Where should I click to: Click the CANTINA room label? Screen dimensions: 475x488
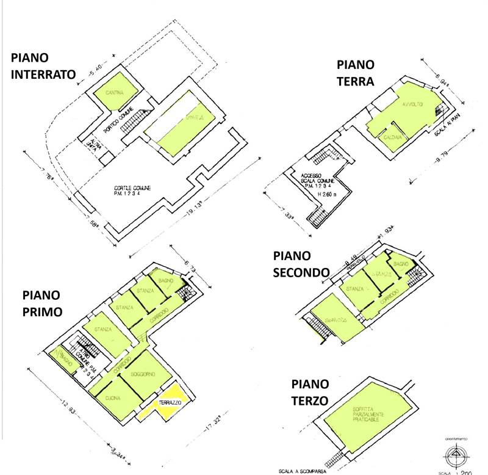pos(113,93)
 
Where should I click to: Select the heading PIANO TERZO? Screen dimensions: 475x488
pos(310,392)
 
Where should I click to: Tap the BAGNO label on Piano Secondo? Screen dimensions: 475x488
pos(400,263)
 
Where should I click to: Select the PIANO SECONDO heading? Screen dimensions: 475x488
pos(302,263)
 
